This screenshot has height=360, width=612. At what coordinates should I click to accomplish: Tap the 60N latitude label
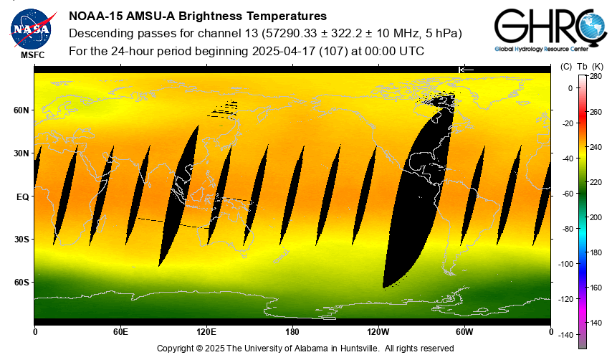[x=21, y=110]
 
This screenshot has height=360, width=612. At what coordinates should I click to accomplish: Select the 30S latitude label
[x=21, y=240]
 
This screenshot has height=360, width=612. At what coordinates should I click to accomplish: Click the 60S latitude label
[x=21, y=283]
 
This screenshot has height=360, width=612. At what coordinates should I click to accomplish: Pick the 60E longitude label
[x=120, y=332]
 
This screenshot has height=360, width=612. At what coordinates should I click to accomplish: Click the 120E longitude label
[x=206, y=332]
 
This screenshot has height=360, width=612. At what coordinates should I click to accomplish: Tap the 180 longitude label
[x=292, y=332]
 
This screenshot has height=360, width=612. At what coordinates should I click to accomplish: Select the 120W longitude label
[x=378, y=332]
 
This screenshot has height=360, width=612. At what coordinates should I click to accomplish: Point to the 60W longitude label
[x=464, y=332]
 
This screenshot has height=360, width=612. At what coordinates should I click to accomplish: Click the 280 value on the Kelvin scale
[x=596, y=77]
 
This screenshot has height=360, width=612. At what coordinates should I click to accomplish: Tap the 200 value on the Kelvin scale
[x=596, y=217]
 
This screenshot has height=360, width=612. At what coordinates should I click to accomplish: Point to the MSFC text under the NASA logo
[x=32, y=55]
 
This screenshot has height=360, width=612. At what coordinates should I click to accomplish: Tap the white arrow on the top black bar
[x=466, y=69]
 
